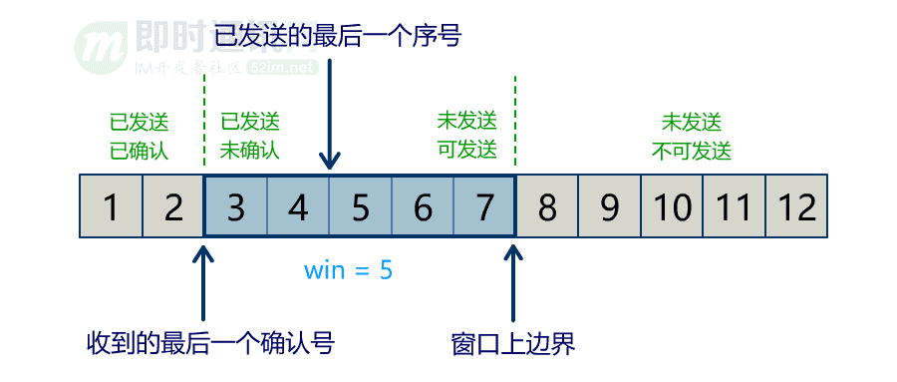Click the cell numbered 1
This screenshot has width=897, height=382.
(111, 207)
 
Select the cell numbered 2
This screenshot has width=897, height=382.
(173, 207)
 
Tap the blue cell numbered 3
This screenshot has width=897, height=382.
(236, 207)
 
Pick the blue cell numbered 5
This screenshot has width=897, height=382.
(361, 207)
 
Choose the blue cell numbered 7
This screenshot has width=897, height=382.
(485, 207)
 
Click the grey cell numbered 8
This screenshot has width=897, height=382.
(547, 207)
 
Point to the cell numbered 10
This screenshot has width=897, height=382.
(672, 207)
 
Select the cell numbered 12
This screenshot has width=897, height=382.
(796, 207)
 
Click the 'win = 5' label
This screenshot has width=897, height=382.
(349, 269)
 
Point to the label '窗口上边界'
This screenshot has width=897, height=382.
(514, 345)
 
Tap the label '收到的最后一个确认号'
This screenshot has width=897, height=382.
(210, 345)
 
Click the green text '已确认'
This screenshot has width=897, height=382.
(140, 152)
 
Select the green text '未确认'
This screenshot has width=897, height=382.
(249, 152)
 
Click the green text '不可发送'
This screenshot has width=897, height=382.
(692, 152)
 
